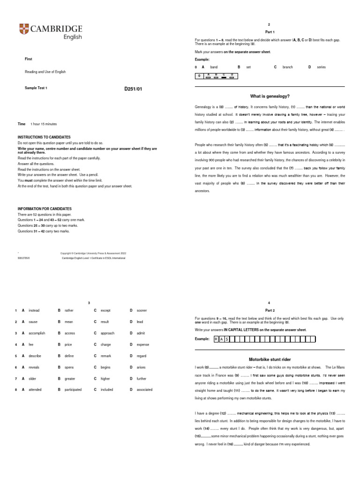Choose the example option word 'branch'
[287, 67]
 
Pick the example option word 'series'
[321, 67]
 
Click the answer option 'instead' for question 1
[34, 310]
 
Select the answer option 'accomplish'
[37, 333]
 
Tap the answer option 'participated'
[73, 390]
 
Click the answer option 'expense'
[143, 344]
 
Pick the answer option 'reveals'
[35, 367]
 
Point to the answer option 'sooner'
[142, 310]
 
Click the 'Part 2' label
[270, 310]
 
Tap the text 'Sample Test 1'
[36, 88]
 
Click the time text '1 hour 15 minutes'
[44, 124]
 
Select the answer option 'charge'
[106, 344]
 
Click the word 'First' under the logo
[29, 59]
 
